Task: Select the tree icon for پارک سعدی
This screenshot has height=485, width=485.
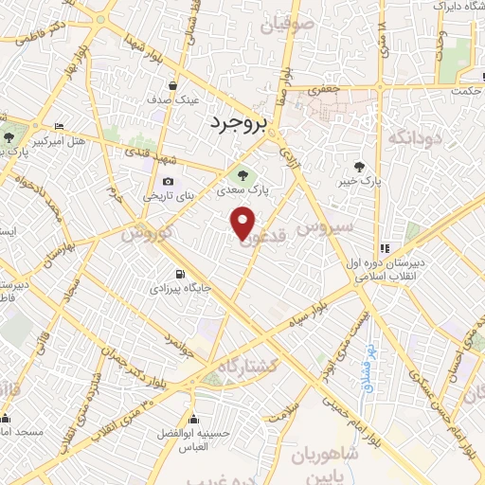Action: [x=243, y=174]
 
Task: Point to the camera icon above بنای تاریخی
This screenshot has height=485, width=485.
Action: [x=168, y=182]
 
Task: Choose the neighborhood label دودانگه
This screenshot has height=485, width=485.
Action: [x=411, y=138]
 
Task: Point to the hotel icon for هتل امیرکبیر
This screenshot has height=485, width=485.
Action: [x=60, y=127]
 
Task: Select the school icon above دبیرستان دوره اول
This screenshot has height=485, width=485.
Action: [x=385, y=249]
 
